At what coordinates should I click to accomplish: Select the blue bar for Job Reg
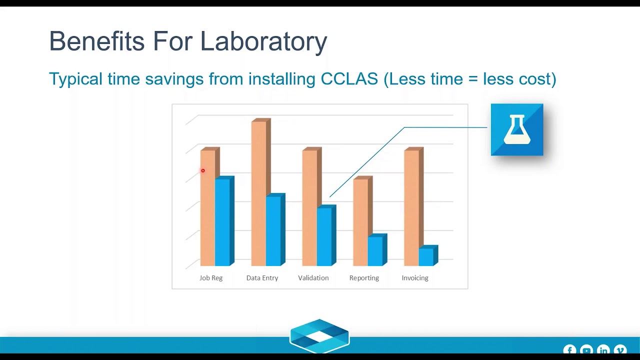pyautogui.click(x=222, y=222)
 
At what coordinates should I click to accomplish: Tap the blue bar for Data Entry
pyautogui.click(x=273, y=230)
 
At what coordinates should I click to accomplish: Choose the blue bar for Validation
pyautogui.click(x=324, y=236)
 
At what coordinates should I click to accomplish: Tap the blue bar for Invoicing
pyautogui.click(x=426, y=257)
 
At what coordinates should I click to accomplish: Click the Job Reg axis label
pyautogui.click(x=211, y=278)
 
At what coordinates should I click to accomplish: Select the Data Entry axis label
pyautogui.click(x=262, y=278)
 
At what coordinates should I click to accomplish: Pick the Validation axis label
pyautogui.click(x=313, y=278)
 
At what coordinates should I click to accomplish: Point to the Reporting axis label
pyautogui.click(x=364, y=278)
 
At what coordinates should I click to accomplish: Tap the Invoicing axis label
pyautogui.click(x=415, y=278)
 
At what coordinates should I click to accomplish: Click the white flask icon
pyautogui.click(x=516, y=129)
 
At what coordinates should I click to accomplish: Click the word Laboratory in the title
pyautogui.click(x=263, y=41)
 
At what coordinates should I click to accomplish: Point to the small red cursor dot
pyautogui.click(x=203, y=171)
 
